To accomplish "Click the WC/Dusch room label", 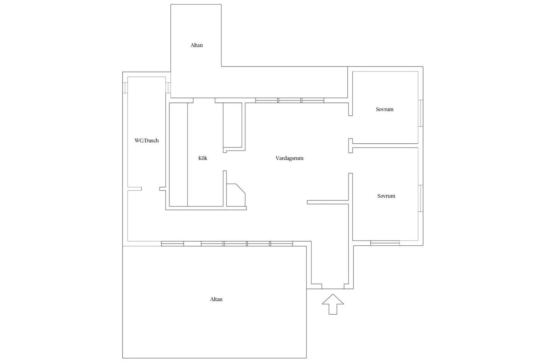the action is [146, 141].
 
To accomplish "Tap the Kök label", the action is [203, 158].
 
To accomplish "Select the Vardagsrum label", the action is [289, 158].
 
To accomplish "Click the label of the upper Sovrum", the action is [385, 109].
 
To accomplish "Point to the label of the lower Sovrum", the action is [386, 196].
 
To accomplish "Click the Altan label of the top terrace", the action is [196, 45].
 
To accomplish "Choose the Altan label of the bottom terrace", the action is [216, 299].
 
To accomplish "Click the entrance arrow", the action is [333, 304].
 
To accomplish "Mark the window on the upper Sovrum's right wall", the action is [420, 113].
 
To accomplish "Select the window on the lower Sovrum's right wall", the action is [420, 199].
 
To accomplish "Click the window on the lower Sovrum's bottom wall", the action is [385, 243].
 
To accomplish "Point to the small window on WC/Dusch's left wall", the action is [125, 87].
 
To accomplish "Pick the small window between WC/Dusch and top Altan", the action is [168, 87].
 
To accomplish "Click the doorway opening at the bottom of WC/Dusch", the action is [150, 189].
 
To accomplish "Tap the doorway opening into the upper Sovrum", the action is [350, 127].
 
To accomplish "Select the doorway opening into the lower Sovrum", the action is [350, 163].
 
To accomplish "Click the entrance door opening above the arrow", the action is [333, 286].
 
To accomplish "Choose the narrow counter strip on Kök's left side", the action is [178, 155].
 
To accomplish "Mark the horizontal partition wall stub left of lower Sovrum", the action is [328, 202].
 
